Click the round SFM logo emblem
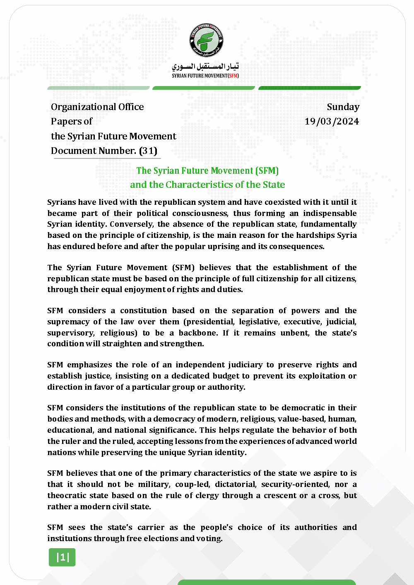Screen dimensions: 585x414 (206, 40)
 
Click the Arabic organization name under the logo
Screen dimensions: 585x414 (205, 66)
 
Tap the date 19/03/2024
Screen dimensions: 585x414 (332, 121)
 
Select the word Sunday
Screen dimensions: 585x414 (343, 107)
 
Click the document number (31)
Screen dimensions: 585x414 (148, 151)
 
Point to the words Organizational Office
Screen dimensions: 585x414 (97, 107)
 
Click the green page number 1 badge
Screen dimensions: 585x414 (63, 557)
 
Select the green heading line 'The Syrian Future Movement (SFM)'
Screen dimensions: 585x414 (207, 170)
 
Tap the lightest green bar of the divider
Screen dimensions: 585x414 (99, 88)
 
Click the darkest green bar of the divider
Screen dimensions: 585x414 (310, 88)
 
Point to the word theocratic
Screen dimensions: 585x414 (68, 495)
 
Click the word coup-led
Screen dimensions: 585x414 (192, 484)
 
